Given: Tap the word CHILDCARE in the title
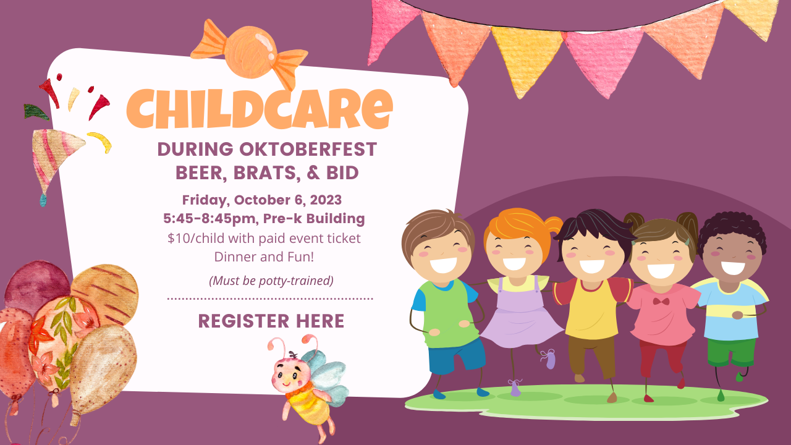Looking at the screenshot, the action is [260, 108].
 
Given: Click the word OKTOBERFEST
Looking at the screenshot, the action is [308, 149].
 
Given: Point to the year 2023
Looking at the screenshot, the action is [326, 200].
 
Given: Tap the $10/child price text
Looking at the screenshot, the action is [196, 239].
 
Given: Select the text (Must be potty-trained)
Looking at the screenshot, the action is [271, 281].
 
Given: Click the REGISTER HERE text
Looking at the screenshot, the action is [271, 321].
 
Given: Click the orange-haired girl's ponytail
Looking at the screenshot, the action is [554, 224].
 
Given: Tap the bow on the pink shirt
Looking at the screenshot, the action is [661, 302].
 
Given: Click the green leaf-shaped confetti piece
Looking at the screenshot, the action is [36, 112].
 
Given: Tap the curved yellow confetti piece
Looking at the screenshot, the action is [100, 142].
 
